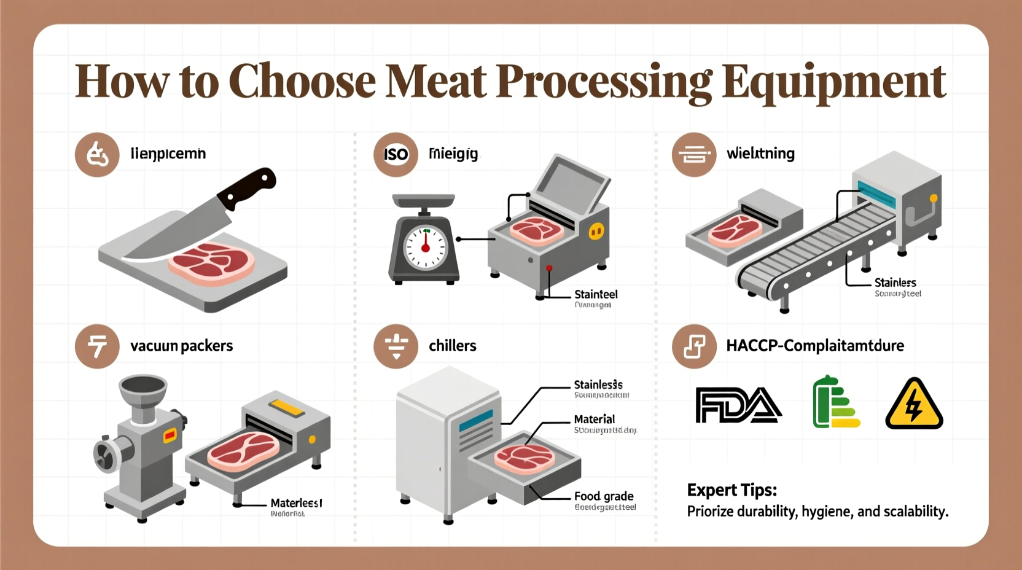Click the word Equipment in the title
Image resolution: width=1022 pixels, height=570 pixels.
click(833, 82)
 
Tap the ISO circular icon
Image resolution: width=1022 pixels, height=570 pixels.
click(396, 154)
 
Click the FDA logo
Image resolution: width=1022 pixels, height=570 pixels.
click(738, 405)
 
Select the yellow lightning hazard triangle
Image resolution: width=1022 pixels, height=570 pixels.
click(914, 405)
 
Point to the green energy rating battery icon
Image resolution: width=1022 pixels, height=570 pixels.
click(835, 403)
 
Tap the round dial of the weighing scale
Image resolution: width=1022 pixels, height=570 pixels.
click(425, 248)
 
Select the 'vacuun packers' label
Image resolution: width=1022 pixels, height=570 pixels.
click(181, 346)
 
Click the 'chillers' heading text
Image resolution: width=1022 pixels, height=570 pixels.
click(452, 346)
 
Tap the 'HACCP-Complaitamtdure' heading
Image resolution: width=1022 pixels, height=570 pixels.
click(814, 346)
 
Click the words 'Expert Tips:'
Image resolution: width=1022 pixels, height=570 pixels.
click(731, 490)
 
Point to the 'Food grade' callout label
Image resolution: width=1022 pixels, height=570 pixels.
click(603, 496)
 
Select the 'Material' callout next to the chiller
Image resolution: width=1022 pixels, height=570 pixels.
click(594, 420)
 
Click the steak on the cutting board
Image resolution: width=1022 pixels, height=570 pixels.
click(212, 262)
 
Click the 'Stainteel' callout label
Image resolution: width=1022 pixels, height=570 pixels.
click(596, 294)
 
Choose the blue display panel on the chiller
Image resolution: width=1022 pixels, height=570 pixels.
click(475, 421)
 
